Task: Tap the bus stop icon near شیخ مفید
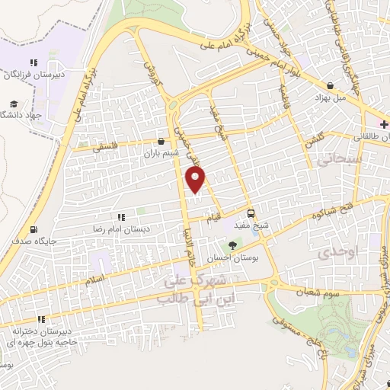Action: click(x=251, y=213)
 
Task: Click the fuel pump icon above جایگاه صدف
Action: click(x=33, y=230)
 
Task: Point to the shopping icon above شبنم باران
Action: click(x=160, y=141)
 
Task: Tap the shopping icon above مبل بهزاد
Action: click(x=330, y=86)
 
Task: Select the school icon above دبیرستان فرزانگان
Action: click(x=33, y=62)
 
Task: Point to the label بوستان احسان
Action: click(x=233, y=257)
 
